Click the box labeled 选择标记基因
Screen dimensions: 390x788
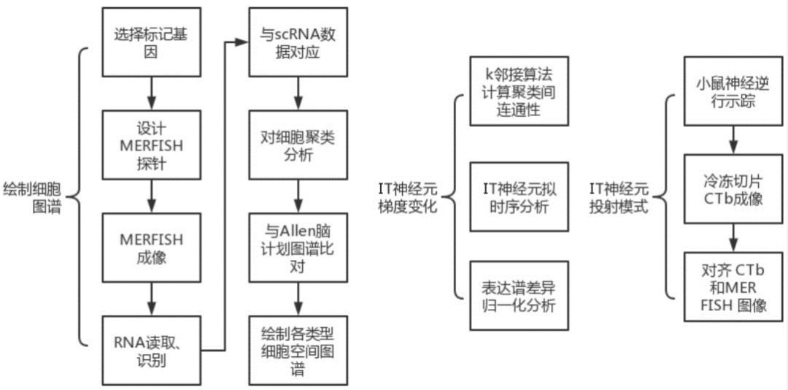point(150,42)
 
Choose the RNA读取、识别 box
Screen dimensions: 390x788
point(150,351)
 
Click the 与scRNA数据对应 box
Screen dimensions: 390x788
point(296,42)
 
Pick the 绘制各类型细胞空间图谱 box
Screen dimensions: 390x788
point(296,351)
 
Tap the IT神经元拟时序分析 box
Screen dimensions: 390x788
point(519,196)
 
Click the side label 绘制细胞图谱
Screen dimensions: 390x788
point(36,196)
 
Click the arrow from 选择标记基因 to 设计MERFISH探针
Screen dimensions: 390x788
point(150,93)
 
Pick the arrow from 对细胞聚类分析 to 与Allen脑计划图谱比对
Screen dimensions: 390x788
point(296,196)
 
